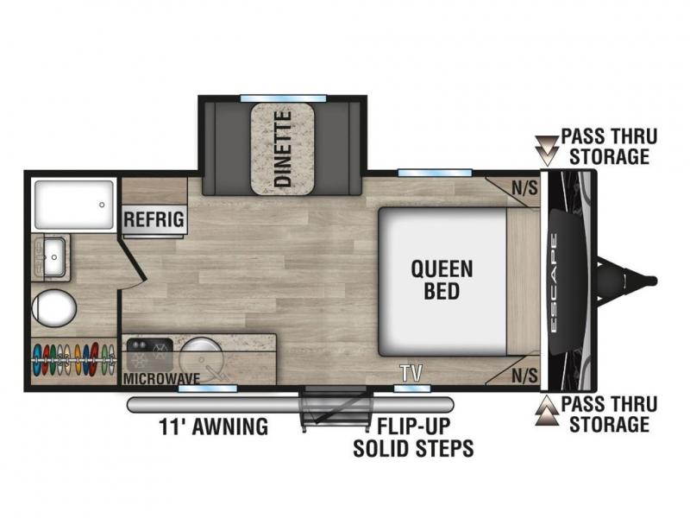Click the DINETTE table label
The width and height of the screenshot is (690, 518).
pyautogui.click(x=283, y=148)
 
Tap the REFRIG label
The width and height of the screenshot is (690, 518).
pyautogui.click(x=154, y=219)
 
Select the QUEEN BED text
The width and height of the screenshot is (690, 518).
pyautogui.click(x=442, y=280)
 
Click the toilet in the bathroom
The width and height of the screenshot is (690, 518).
pyautogui.click(x=54, y=308)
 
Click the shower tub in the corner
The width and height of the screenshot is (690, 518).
pyautogui.click(x=74, y=205)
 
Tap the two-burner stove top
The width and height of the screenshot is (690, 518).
pyautogui.click(x=149, y=355)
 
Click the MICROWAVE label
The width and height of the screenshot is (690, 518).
pyautogui.click(x=161, y=378)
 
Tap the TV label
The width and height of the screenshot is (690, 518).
pyautogui.click(x=411, y=373)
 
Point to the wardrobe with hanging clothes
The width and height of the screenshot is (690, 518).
pyautogui.click(x=74, y=360)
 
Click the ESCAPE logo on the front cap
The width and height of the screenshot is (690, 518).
pyautogui.click(x=554, y=283)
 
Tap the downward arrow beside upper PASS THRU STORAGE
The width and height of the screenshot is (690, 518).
pyautogui.click(x=547, y=150)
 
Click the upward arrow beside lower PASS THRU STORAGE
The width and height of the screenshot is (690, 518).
pyautogui.click(x=547, y=411)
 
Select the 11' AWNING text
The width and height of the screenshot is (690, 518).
pyautogui.click(x=213, y=426)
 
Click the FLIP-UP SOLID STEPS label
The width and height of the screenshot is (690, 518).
pyautogui.click(x=413, y=437)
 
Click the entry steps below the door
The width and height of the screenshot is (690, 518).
pyautogui.click(x=336, y=407)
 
